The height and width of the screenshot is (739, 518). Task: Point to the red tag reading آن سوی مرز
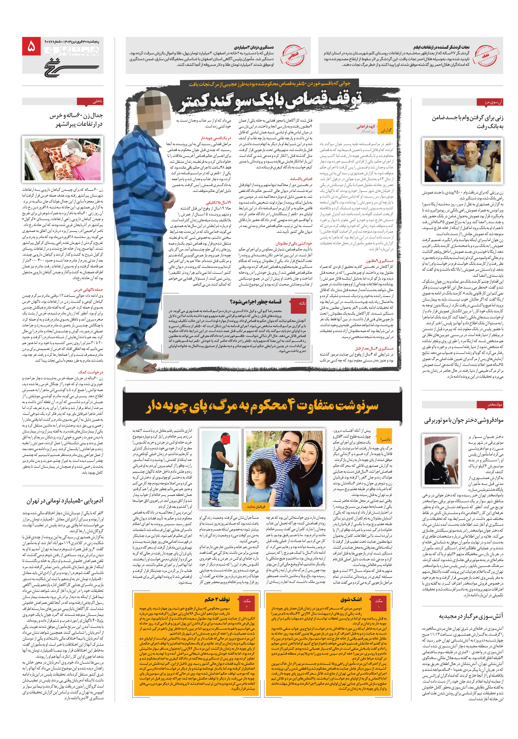pyautogui.click(x=490, y=102)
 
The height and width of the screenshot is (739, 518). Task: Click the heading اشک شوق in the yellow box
pyautogui.click(x=351, y=599)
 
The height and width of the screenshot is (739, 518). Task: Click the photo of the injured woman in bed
pyautogui.click(x=63, y=159)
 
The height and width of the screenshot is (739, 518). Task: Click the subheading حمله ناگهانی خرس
pyautogui.click(x=88, y=290)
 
